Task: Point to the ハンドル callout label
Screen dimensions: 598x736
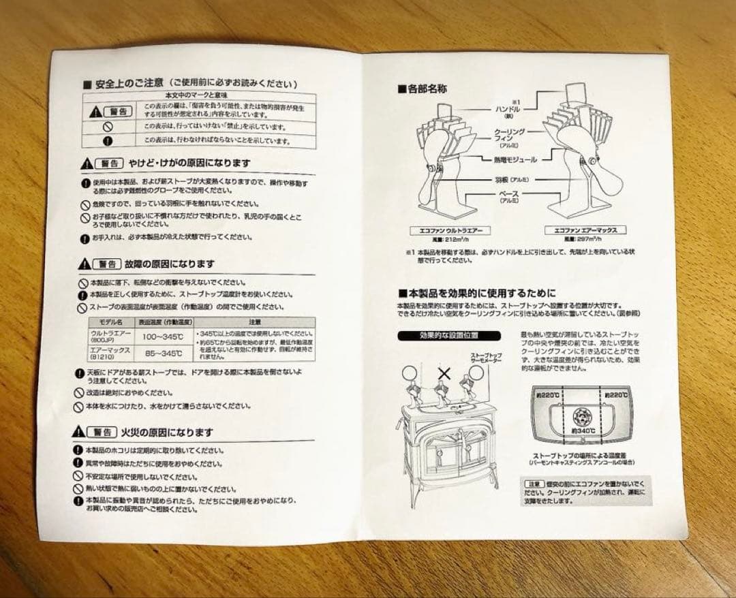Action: pos(508,108)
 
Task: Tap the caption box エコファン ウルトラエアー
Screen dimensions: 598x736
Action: pos(446,231)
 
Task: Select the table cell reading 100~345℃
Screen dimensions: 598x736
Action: pos(162,337)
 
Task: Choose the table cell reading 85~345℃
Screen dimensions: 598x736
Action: pos(164,353)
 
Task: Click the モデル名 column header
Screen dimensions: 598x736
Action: pos(110,321)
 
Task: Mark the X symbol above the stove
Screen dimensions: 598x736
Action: pos(444,373)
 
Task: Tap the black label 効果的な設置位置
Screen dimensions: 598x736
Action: pos(449,336)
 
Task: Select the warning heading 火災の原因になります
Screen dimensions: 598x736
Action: pos(167,432)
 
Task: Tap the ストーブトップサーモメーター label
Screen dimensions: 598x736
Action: pos(485,358)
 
